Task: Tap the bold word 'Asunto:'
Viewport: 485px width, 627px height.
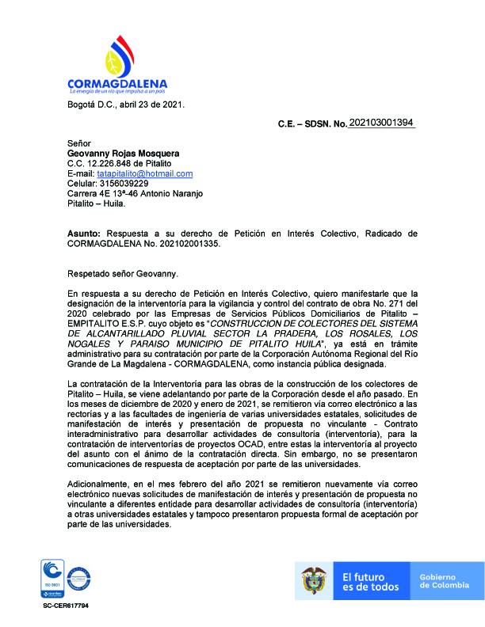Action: point(84,234)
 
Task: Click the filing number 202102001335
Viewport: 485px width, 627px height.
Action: point(182,244)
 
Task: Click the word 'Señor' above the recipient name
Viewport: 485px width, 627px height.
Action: point(80,142)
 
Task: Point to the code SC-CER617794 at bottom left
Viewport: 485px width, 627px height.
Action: point(67,605)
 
